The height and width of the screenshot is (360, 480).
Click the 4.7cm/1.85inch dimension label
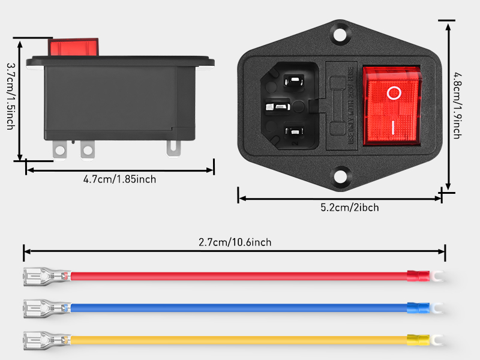pyautogui.click(x=120, y=179)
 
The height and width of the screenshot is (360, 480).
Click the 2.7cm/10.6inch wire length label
pyautogui.click(x=235, y=242)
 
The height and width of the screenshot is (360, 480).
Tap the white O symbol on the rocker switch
pyautogui.click(x=393, y=93)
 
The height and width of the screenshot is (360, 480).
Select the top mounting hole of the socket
pyautogui.click(x=341, y=32)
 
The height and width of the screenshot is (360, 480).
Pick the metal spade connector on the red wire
pyautogui.click(x=42, y=277)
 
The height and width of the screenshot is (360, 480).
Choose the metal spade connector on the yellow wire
pyautogui.click(x=42, y=340)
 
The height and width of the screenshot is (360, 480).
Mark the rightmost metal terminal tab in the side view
pyautogui.click(x=173, y=147)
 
